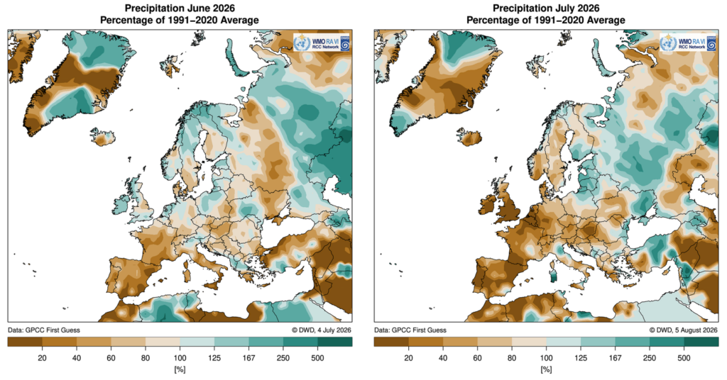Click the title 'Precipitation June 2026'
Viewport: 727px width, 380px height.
click(180, 9)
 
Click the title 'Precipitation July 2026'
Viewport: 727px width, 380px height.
click(546, 9)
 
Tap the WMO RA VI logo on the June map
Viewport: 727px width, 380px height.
click(322, 43)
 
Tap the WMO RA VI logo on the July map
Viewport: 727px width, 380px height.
click(689, 43)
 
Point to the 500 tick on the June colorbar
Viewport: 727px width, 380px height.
click(317, 358)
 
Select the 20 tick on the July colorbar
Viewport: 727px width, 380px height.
click(408, 358)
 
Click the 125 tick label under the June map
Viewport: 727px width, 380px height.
click(214, 358)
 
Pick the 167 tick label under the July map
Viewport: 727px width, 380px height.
click(615, 358)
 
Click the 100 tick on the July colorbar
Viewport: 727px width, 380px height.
click(546, 358)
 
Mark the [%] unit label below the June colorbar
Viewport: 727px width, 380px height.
click(180, 370)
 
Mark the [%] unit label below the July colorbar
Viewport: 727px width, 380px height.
click(546, 370)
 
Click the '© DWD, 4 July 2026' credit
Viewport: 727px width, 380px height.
click(322, 330)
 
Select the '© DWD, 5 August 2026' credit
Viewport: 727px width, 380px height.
click(684, 330)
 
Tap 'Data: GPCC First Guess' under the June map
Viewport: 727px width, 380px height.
click(44, 330)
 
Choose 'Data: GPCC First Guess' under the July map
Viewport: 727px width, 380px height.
click(410, 330)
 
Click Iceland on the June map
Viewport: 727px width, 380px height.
click(102, 137)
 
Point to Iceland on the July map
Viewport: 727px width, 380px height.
click(469, 137)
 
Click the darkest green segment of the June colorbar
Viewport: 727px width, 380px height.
click(335, 342)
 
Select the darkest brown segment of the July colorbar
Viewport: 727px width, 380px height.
click(391, 342)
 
